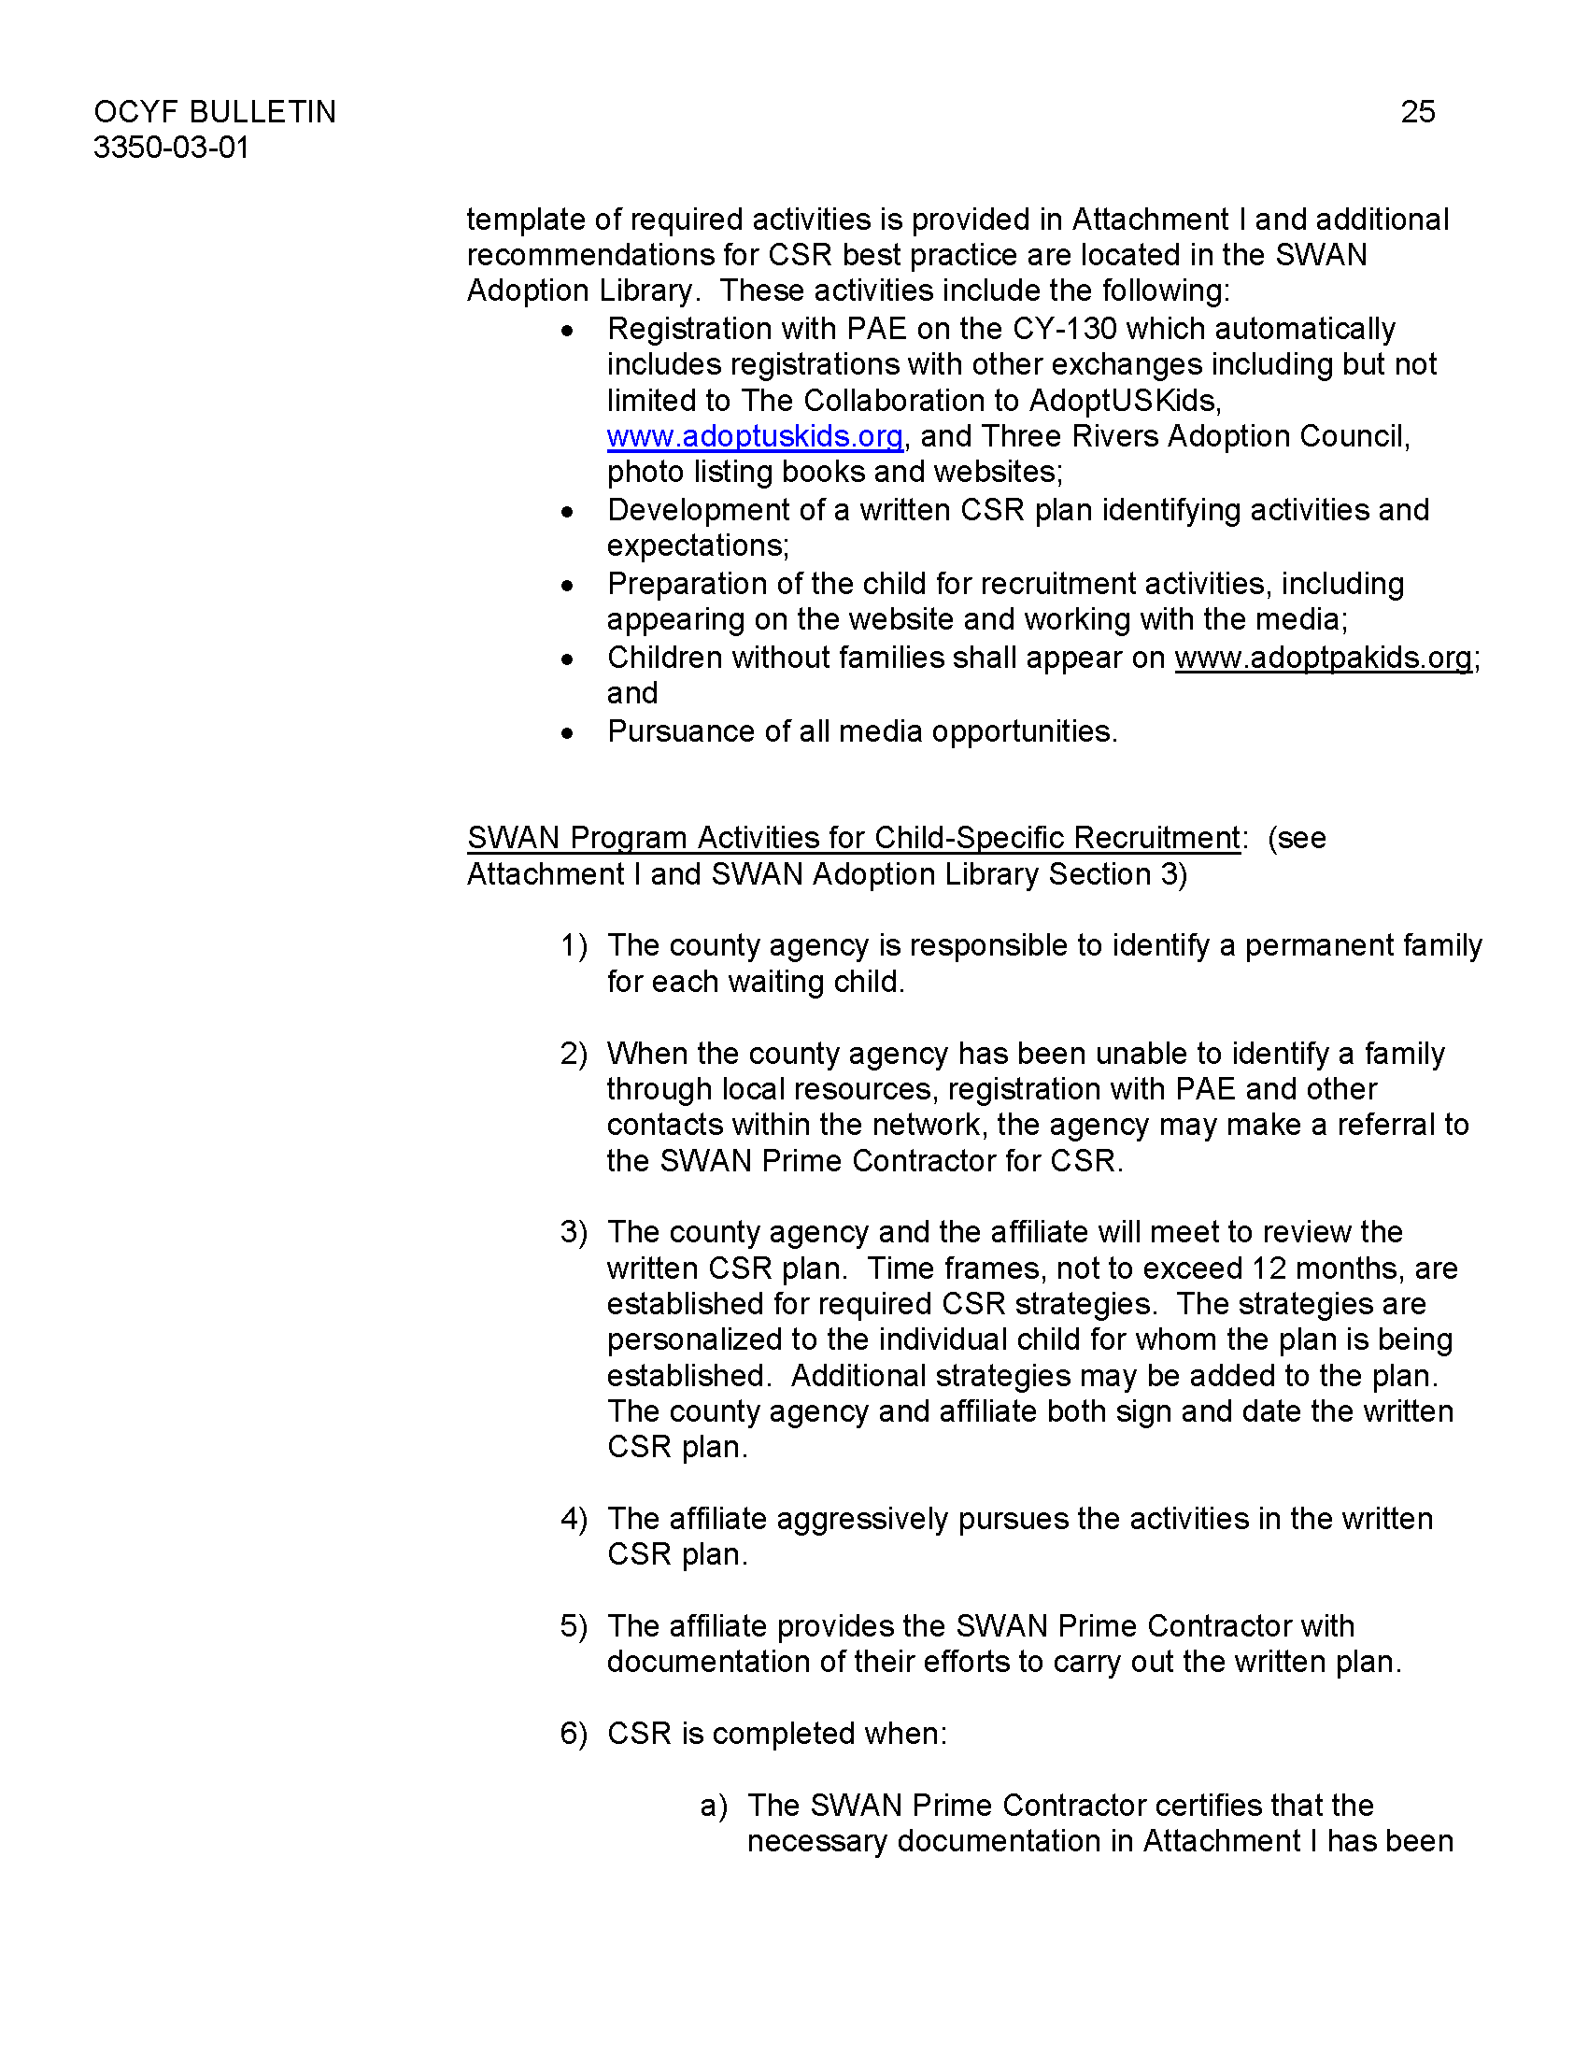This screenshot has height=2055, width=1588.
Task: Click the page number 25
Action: [1417, 112]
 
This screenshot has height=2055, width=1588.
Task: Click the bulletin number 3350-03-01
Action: [171, 148]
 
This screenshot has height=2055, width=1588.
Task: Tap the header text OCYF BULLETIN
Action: [215, 112]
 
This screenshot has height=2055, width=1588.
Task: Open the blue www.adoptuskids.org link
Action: [755, 436]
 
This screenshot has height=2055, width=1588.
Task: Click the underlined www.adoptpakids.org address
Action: [1323, 658]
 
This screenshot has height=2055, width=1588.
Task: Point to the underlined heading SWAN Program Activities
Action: [853, 838]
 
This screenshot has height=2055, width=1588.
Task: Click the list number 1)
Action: [573, 945]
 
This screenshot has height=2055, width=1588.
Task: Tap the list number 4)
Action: [573, 1519]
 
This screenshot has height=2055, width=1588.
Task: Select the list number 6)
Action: [573, 1733]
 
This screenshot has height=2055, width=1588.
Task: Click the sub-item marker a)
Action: [713, 1806]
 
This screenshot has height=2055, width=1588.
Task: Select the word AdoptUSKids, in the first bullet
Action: [1126, 401]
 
